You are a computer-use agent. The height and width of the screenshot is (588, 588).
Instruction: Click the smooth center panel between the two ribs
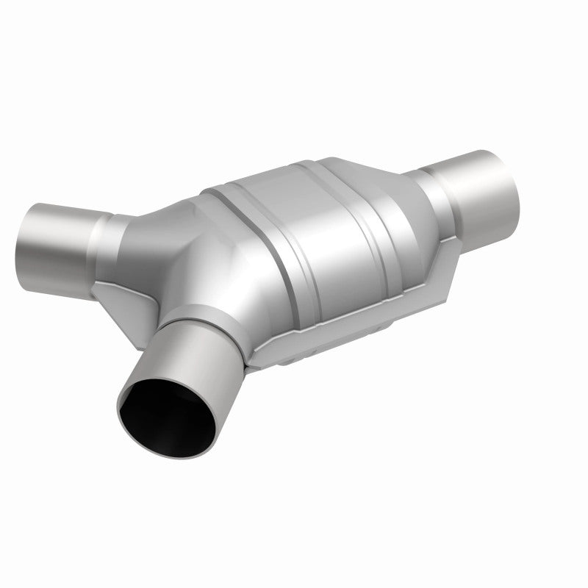301,220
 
